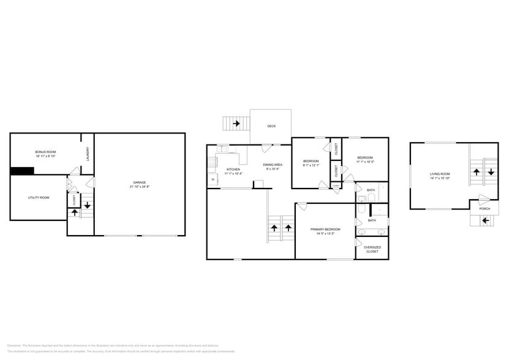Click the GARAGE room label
click(140, 182)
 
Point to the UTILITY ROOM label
click(39, 197)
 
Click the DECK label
click(271, 126)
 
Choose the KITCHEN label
click(233, 169)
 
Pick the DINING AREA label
click(273, 165)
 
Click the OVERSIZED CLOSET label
click(372, 249)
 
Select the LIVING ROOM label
click(440, 174)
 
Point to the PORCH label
click(484, 209)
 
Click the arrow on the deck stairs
click(236, 124)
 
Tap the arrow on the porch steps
click(486, 220)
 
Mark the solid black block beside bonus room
click(21, 171)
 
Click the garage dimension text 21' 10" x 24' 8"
click(140, 187)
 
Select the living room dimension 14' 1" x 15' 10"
click(440, 179)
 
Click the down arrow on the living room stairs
click(491, 172)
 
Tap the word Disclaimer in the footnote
click(14, 345)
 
